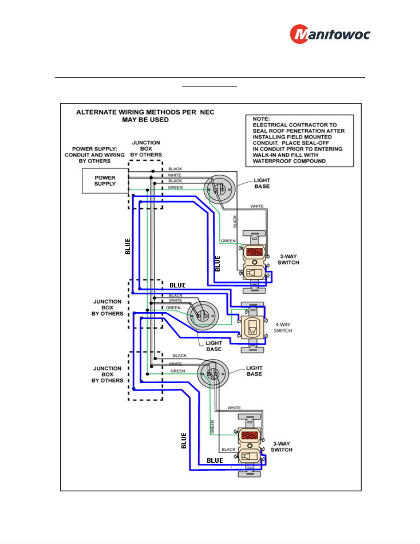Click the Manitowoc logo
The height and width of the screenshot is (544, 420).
(x=330, y=34)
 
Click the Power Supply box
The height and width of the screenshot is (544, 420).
(x=105, y=181)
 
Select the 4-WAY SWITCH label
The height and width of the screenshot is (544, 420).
(x=283, y=327)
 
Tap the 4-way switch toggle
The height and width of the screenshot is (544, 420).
(x=252, y=327)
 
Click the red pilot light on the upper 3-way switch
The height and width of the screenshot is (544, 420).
(x=254, y=252)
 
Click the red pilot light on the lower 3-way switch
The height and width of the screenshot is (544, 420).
(x=250, y=436)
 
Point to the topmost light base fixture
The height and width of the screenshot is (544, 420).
(x=219, y=189)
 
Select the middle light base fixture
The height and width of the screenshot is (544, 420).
(x=203, y=316)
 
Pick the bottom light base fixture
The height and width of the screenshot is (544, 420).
(x=213, y=374)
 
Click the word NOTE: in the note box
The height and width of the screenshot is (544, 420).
(x=261, y=119)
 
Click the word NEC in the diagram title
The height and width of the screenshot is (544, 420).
(x=207, y=112)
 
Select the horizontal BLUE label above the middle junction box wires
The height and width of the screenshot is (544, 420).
(x=178, y=285)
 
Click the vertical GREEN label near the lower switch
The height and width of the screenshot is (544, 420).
(x=212, y=427)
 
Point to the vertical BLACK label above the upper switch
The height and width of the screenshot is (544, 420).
(x=235, y=221)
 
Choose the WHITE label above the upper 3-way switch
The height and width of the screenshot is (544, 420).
(x=257, y=206)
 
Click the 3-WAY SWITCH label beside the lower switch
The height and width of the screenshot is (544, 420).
(x=281, y=447)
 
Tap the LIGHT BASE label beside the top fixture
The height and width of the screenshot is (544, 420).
(x=262, y=183)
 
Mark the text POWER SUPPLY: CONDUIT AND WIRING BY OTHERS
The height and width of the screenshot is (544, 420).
(x=95, y=155)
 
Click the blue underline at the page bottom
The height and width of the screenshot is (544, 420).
(x=94, y=518)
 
